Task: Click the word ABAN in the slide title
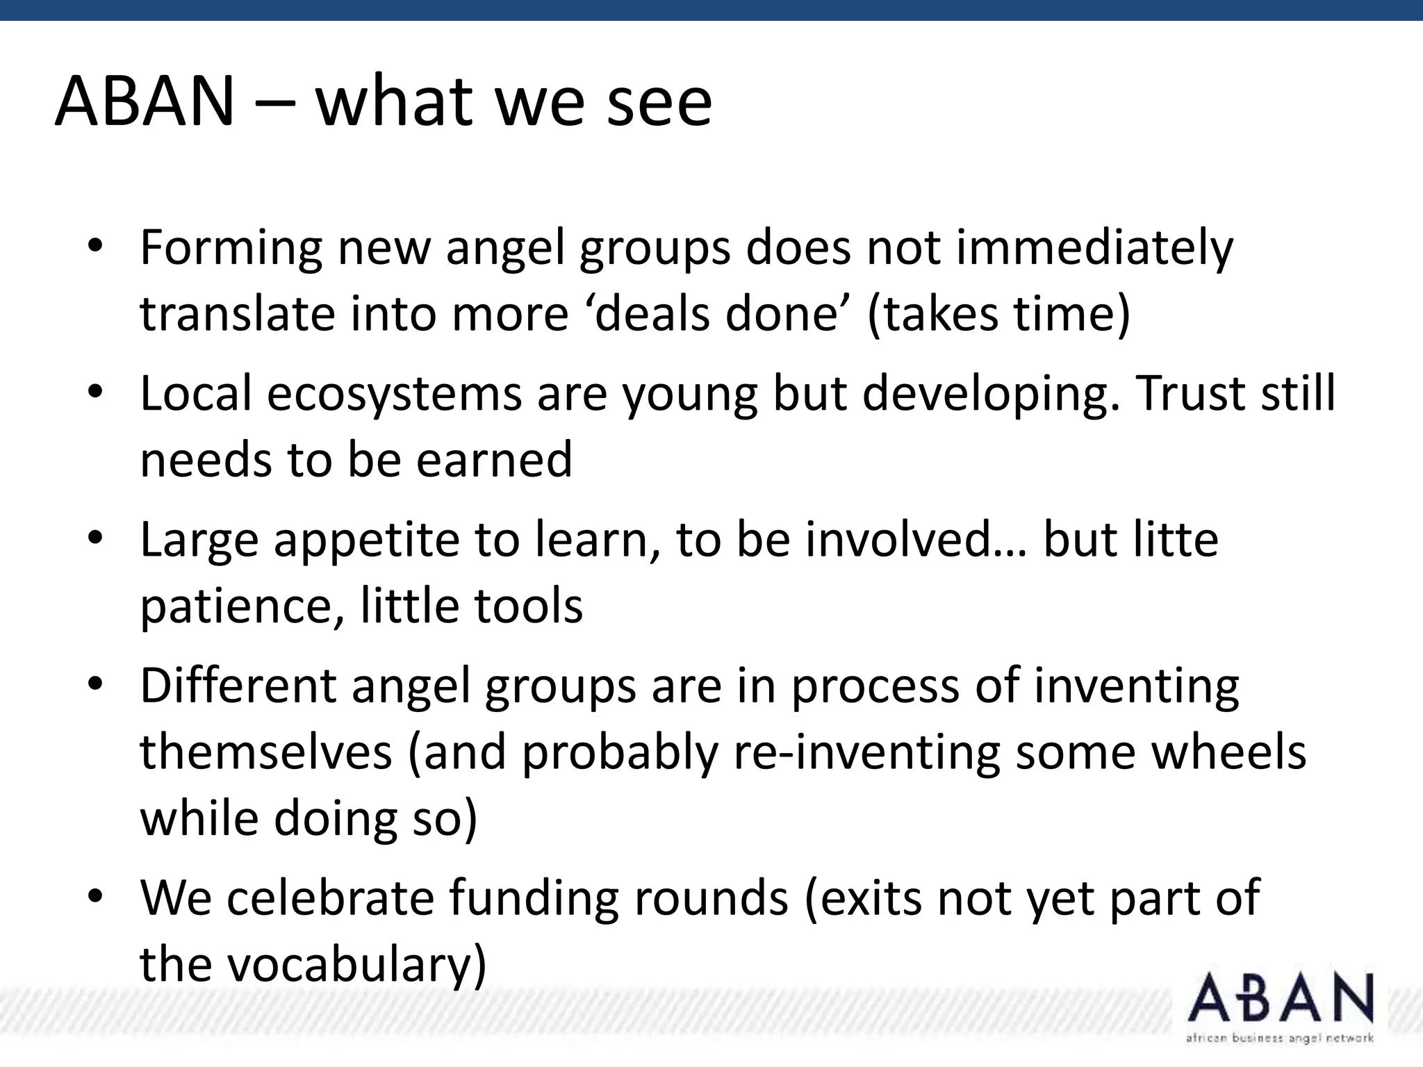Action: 145,102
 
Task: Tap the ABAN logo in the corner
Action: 1280,998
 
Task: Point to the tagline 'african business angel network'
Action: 1280,1039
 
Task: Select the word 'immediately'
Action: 1094,248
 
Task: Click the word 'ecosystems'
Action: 393,394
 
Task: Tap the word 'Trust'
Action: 1183,392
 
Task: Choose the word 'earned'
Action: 494,459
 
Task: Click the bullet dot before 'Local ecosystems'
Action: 95,391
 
